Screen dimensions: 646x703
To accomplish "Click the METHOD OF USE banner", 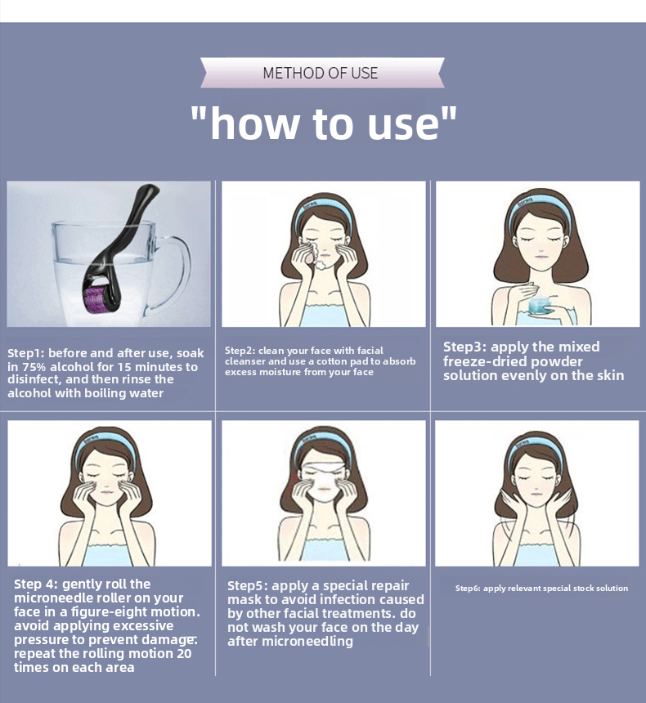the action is click(322, 73).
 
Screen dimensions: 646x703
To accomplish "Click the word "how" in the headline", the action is click(255, 123).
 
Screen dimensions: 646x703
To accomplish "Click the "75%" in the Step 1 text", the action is click(34, 367).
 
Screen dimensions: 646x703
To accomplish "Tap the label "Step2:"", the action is click(240, 351).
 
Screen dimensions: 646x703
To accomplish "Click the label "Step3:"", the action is click(464, 347).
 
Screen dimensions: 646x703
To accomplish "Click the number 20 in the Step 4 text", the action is click(184, 653).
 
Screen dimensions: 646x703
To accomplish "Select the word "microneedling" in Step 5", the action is click(307, 641).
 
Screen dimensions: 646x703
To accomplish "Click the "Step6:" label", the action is click(468, 589).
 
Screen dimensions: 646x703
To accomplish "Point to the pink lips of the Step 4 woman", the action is click(108, 492).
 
